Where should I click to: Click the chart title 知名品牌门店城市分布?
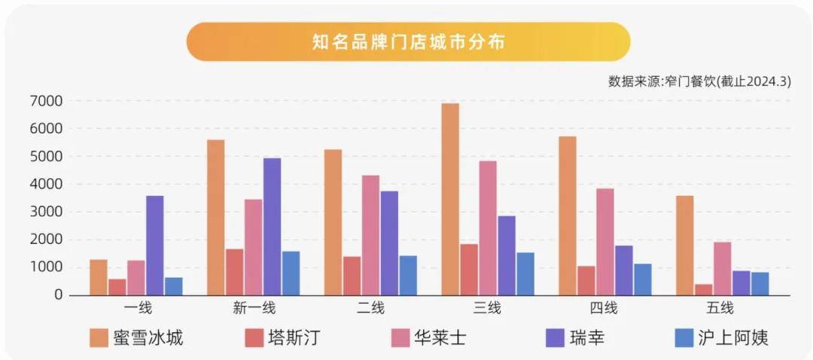coord(408,41)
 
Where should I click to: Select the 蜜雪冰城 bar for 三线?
coord(450,200)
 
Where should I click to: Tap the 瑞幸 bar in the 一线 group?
coord(155,246)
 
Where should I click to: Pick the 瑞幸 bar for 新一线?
coord(272,227)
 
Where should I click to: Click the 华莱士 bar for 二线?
coord(370,236)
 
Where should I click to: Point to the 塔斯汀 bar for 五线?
coord(703,290)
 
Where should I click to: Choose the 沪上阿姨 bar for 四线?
coord(642,279)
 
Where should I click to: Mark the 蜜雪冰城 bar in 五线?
coord(684,246)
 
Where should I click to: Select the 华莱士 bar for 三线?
coord(488,228)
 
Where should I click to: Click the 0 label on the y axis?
coord(57,295)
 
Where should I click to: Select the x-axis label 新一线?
coord(254,308)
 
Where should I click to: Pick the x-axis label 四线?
coord(604,308)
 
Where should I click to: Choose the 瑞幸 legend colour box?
coord(553,337)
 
